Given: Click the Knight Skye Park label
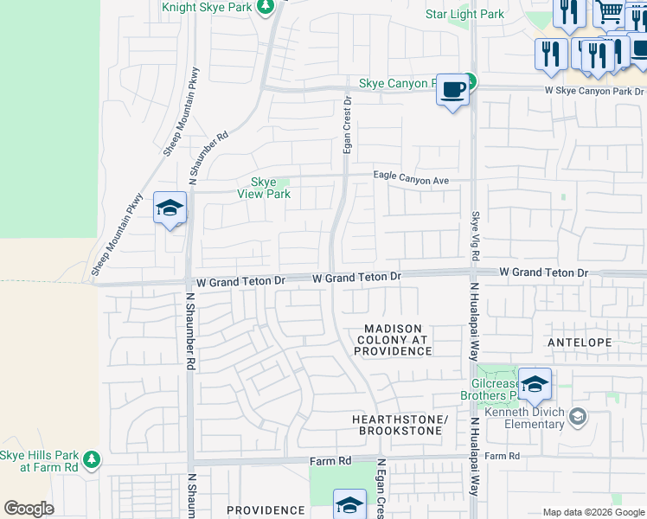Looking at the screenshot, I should [206, 7].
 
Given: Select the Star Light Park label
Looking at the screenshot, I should [464, 14].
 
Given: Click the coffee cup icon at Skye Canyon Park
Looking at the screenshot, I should [452, 89].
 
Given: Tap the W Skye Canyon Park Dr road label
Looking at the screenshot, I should [594, 91].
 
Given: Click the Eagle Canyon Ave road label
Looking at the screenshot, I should [411, 179].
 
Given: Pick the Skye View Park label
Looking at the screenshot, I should [264, 188].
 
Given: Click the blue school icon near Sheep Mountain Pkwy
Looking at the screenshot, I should [170, 208].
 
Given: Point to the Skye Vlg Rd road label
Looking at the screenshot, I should [475, 236].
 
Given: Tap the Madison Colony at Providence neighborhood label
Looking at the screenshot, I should [393, 340].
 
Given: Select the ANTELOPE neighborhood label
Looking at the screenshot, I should [580, 343].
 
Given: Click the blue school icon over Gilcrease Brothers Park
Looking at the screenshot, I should [535, 385].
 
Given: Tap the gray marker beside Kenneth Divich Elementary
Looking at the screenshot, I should [578, 419].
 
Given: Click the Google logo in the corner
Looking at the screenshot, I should [29, 509].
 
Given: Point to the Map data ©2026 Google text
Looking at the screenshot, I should [593, 512].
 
